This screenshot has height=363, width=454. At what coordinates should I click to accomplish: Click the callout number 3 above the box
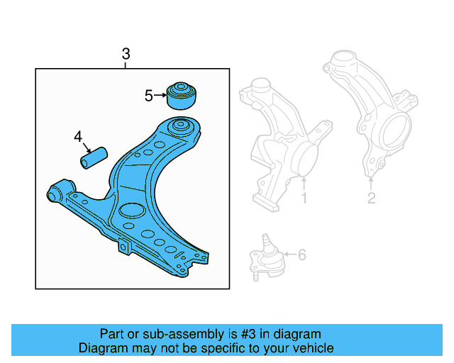[x=126, y=54]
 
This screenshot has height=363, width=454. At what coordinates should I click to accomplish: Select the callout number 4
[x=78, y=136]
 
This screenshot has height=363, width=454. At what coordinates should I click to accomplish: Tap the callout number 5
[x=148, y=95]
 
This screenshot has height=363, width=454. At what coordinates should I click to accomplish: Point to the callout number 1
[x=304, y=199]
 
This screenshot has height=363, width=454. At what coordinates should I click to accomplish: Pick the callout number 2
[x=371, y=199]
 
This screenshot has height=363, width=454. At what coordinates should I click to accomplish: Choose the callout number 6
[x=301, y=254]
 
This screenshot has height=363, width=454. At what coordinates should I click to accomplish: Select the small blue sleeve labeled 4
[x=93, y=157]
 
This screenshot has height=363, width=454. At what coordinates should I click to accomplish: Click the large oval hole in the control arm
[x=131, y=210]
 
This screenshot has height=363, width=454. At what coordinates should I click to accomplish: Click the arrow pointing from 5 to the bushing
[x=160, y=95]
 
